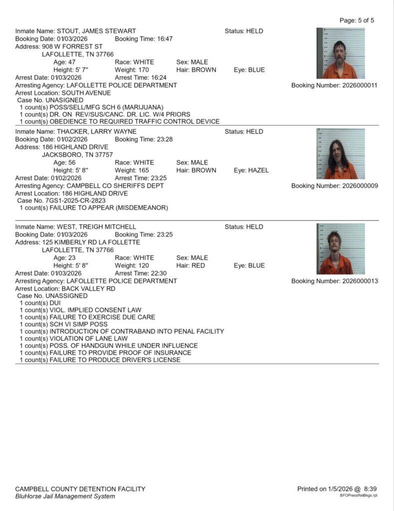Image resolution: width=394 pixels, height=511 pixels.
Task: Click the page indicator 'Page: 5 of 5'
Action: tap(357, 20)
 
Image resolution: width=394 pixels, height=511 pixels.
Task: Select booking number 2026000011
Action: tap(360, 85)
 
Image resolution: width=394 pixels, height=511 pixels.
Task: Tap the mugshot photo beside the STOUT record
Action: tap(341, 53)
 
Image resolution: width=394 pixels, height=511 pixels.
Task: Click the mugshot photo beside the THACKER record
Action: tap(341, 154)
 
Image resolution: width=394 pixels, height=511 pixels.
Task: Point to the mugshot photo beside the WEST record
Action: tap(341, 249)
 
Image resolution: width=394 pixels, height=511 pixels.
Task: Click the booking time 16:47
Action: tap(163, 39)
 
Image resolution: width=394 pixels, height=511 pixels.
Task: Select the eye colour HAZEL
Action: tap(258, 170)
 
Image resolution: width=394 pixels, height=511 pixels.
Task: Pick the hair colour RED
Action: tap(198, 265)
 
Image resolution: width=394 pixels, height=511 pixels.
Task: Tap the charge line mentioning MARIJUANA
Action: tap(92, 107)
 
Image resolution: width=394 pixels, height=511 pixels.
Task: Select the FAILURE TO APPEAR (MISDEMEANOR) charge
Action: tap(94, 208)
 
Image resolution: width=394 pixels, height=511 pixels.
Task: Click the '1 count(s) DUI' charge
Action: tap(40, 303)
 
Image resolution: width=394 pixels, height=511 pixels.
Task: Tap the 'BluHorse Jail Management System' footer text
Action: tap(61, 496)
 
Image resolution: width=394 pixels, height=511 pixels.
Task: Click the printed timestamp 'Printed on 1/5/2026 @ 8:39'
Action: tap(337, 489)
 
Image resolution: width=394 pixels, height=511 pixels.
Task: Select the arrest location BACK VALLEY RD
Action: tap(88, 288)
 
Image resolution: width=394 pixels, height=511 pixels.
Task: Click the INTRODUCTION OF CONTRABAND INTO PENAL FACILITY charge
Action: tap(122, 331)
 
